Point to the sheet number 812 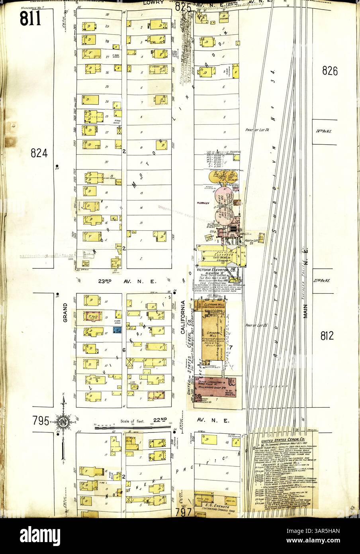329,335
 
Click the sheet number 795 41,421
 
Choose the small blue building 117,330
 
